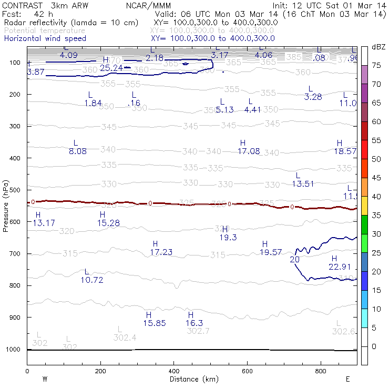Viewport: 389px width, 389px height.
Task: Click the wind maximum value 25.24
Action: [111, 68]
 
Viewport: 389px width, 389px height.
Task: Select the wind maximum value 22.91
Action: [339, 267]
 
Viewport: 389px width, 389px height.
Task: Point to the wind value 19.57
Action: [271, 252]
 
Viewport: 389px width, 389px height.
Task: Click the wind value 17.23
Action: [161, 252]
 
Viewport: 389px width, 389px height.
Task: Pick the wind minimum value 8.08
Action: [78, 151]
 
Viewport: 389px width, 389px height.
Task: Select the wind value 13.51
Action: [303, 183]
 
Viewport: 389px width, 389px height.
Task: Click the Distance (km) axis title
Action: [192, 379]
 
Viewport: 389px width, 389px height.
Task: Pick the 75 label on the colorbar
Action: [376, 66]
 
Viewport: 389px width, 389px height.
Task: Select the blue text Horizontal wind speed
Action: [45, 38]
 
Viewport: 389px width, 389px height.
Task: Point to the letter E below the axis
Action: [347, 379]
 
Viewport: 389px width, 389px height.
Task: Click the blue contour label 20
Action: [294, 259]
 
